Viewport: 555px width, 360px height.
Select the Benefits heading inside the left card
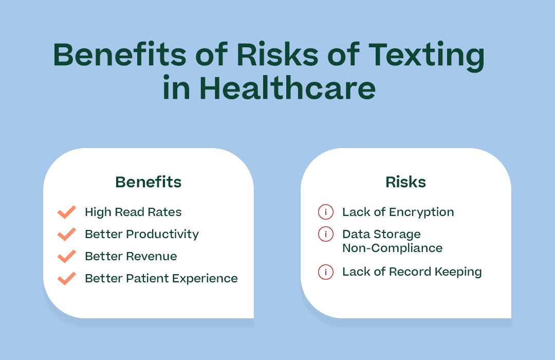(148, 182)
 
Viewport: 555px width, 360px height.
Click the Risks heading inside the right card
(405, 182)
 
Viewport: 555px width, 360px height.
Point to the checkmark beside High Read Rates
(67, 212)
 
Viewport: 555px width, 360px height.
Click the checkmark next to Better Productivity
(67, 234)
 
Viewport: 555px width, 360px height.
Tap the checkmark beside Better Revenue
(67, 256)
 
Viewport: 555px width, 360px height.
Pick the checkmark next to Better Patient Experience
(67, 278)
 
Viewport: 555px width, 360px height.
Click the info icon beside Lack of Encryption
(325, 212)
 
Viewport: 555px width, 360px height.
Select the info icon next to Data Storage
(325, 234)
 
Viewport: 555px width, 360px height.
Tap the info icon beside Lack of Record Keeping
(325, 272)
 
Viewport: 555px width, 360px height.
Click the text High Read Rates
(133, 212)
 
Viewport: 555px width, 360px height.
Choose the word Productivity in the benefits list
(162, 235)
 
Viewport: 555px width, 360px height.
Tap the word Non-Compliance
(392, 248)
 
